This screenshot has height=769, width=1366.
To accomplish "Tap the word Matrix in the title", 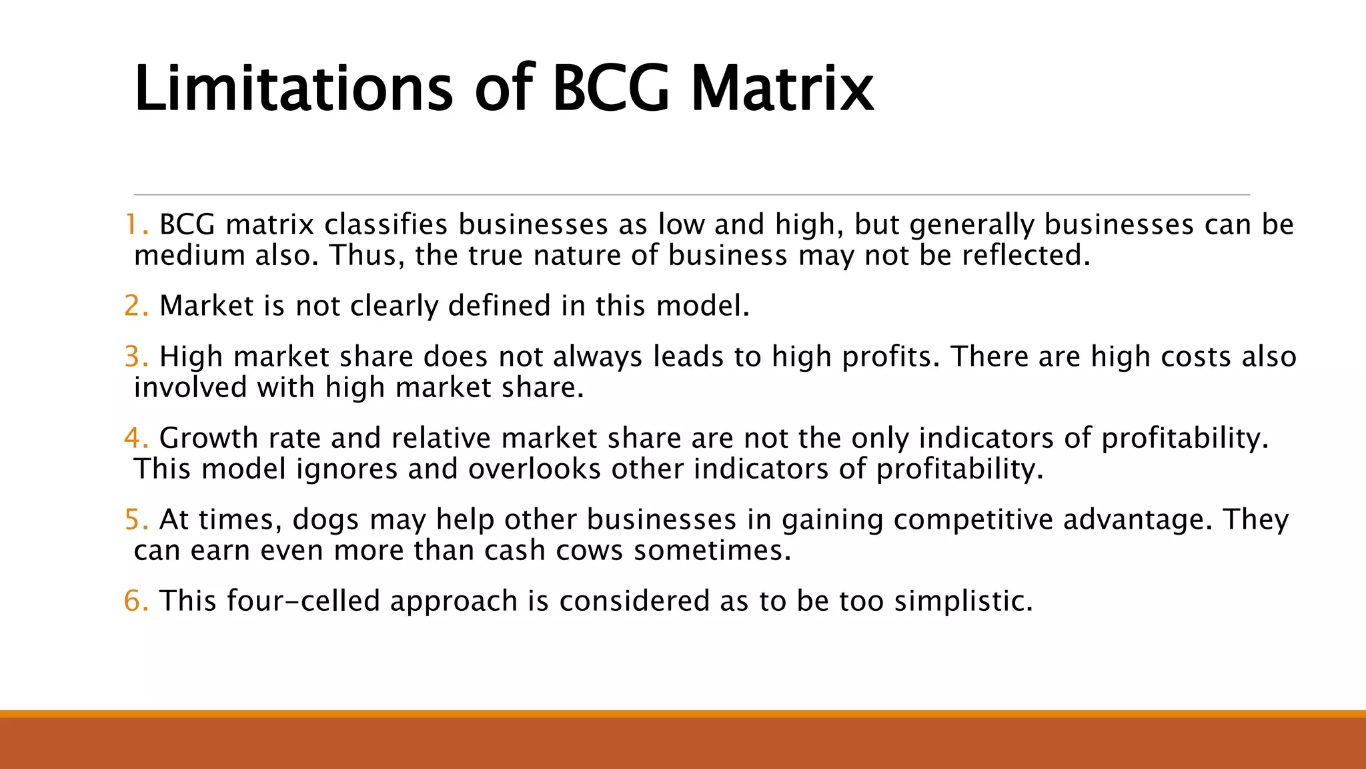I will click(x=782, y=88).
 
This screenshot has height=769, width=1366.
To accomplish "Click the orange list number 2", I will click(x=136, y=306).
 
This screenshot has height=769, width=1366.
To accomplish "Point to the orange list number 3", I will click(x=136, y=356).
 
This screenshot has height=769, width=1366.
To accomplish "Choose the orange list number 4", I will click(x=136, y=438).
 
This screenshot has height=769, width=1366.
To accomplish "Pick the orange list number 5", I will click(x=136, y=519).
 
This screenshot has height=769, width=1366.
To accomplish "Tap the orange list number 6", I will click(x=136, y=601).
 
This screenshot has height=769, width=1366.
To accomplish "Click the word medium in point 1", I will click(x=189, y=255).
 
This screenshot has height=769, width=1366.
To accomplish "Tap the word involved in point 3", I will click(x=190, y=387).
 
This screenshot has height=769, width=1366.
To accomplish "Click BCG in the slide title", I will click(x=610, y=88).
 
